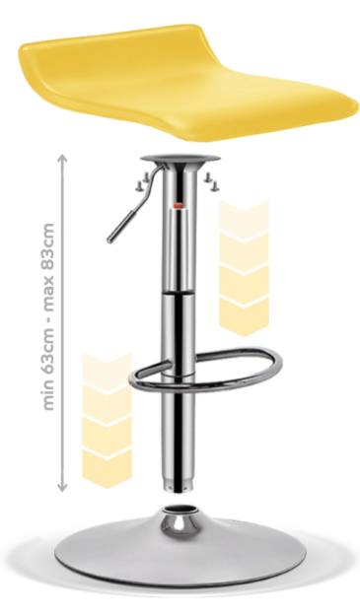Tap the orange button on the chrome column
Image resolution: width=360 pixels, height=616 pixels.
(179, 205)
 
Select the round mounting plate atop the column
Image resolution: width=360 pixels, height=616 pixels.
(180, 158)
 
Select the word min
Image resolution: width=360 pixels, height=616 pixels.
(48, 397)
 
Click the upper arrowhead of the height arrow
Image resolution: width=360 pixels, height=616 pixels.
(62, 158)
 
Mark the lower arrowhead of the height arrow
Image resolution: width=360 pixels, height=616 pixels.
(62, 487)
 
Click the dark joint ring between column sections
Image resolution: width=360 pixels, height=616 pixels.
(179, 294)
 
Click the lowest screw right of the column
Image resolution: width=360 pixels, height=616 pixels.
(215, 187)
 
